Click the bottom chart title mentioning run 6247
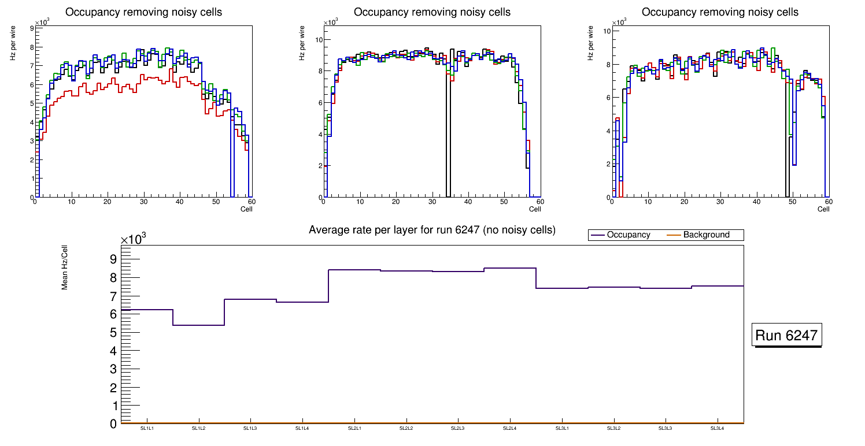[432, 230]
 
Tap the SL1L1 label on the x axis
[147, 428]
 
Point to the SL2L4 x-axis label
[509, 428]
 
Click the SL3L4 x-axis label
[717, 428]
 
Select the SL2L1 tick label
[354, 428]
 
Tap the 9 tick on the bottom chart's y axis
[114, 259]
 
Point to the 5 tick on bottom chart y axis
[114, 333]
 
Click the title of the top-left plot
[143, 12]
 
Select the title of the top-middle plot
[432, 12]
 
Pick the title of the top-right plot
[720, 12]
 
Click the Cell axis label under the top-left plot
[246, 209]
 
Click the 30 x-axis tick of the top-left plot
[143, 202]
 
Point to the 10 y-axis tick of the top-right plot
[607, 31]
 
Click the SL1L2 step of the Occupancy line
[198, 325]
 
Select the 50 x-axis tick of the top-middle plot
[504, 202]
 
